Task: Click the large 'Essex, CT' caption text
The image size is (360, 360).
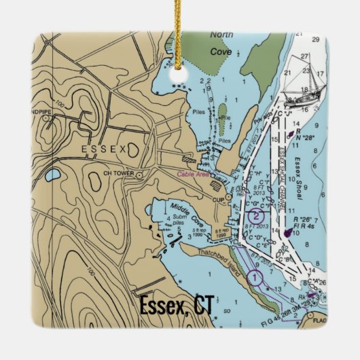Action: click(x=176, y=306)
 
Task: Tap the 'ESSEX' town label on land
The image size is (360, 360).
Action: click(x=103, y=149)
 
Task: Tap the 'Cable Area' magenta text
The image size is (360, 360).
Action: click(x=192, y=175)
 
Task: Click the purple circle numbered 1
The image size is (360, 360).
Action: click(x=255, y=277)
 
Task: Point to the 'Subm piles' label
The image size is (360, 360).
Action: click(x=179, y=219)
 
